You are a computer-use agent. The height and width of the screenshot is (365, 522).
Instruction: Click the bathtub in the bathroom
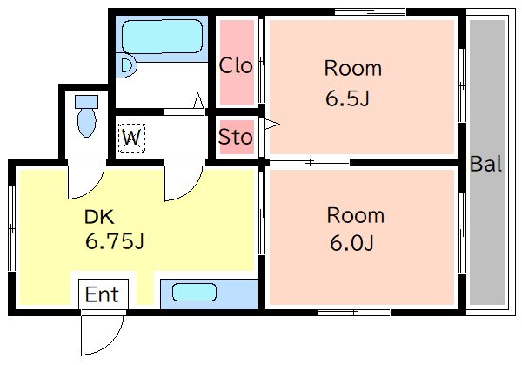[162, 36]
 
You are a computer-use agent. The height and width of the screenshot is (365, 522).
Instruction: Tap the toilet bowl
[86, 122]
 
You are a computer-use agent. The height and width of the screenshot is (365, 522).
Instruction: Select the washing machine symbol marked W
[132, 138]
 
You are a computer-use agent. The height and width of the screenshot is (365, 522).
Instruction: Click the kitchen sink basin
[194, 293]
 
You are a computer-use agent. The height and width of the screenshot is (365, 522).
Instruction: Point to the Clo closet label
[236, 65]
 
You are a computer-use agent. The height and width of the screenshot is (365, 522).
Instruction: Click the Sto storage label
[236, 137]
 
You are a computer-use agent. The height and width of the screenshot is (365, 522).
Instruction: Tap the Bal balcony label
[485, 164]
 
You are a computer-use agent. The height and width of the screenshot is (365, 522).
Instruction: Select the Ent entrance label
[102, 294]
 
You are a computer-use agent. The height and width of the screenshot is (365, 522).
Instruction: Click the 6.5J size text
[347, 98]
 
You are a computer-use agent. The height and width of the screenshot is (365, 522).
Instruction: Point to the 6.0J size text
[351, 243]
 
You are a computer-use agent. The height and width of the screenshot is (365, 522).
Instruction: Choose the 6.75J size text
[115, 241]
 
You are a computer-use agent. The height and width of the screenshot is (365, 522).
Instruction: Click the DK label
[99, 217]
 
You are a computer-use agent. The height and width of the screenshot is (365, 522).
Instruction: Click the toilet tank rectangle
[86, 102]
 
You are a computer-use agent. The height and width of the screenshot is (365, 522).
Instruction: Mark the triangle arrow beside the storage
[272, 125]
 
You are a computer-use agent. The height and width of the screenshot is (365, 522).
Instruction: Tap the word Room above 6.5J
[353, 68]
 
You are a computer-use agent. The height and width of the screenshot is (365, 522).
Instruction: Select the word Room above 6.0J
[356, 215]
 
